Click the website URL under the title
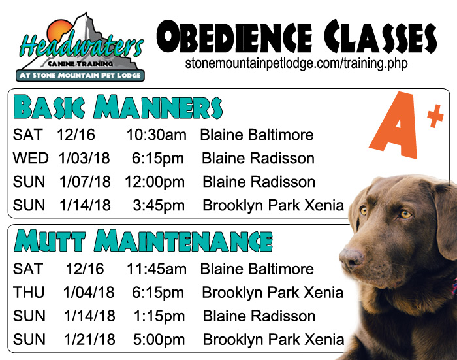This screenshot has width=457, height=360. click(296, 63)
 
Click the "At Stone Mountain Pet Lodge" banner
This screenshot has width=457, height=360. click(80, 75)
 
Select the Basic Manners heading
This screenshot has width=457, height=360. click(118, 106)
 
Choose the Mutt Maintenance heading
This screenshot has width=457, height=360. click(143, 240)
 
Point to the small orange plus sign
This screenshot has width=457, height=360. click(435, 116)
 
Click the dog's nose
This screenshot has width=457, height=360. click(351, 257)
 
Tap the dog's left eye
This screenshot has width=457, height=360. click(405, 214)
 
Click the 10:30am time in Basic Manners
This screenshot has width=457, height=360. click(156, 135)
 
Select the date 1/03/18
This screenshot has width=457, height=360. click(84, 158)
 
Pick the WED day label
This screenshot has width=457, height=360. click(31, 158)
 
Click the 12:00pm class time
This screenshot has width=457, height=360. click(155, 182)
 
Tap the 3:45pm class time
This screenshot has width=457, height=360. click(159, 205)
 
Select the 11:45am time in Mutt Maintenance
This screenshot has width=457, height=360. click(156, 269)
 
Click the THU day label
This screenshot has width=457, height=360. click(29, 292)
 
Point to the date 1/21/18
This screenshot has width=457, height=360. click(89, 340)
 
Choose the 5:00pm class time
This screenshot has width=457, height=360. click(159, 340)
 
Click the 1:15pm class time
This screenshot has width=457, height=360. click(159, 316)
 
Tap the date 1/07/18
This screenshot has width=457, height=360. click(85, 182)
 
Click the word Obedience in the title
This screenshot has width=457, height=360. click(234, 37)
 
